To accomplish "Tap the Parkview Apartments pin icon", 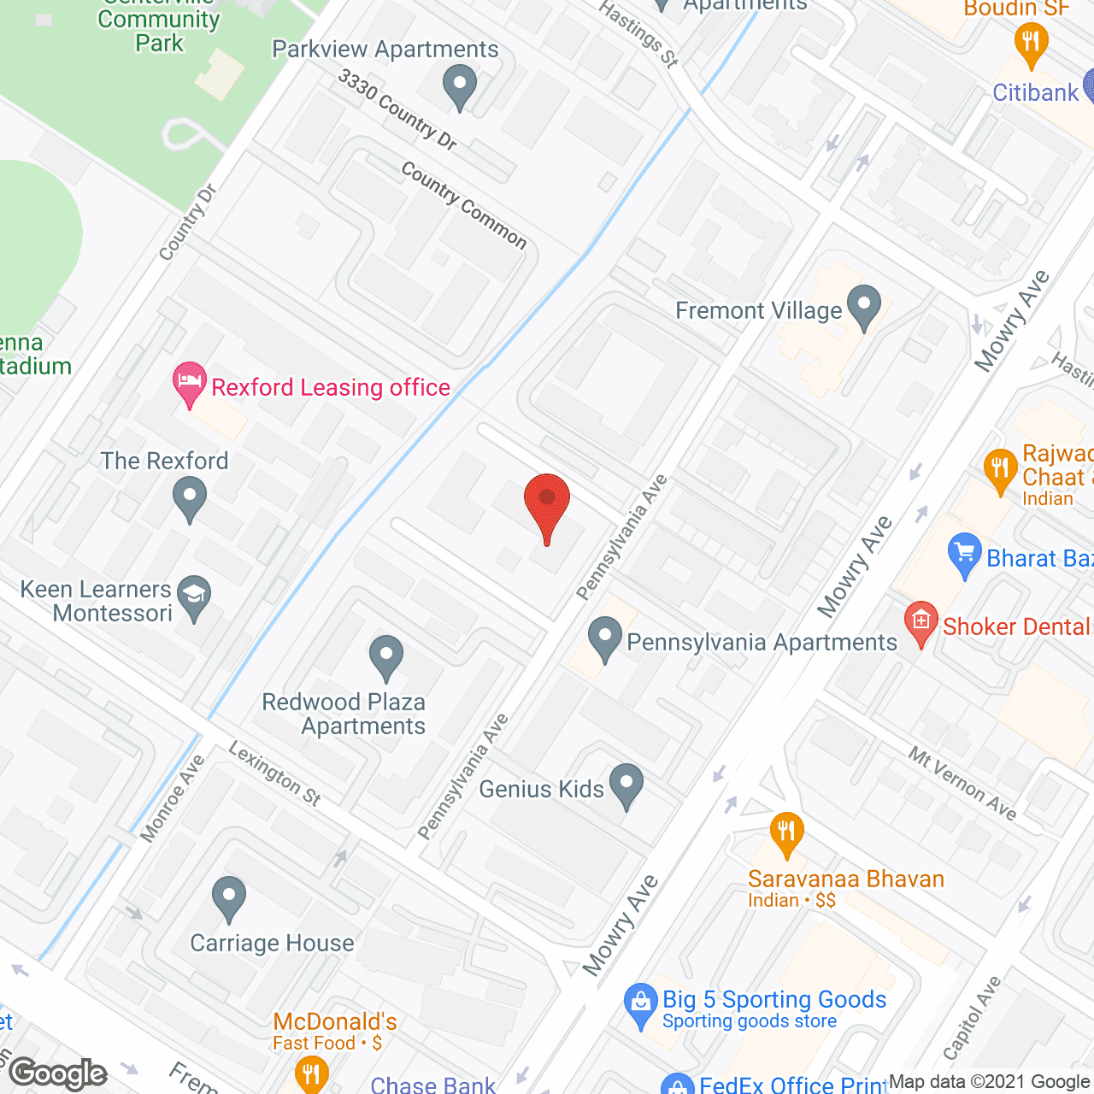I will point(460,86).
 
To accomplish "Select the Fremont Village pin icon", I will point(864,306).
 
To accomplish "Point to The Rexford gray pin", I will point(189,497).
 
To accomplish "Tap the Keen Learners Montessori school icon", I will point(194,596).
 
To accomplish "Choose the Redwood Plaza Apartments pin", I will point(385,656).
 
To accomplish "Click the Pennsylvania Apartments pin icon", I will point(605,638).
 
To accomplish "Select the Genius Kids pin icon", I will point(626,785).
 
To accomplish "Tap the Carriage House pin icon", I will point(228,898).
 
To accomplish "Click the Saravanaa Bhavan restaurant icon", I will point(786,833).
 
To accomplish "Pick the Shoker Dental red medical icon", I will point(920,624).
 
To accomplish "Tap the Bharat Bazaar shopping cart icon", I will point(965,555).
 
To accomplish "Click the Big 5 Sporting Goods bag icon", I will point(640,1005).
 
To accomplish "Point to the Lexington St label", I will point(274,773).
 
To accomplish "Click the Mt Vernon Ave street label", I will point(962,783).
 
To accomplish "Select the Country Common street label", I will point(464,205).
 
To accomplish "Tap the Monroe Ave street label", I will point(173,798).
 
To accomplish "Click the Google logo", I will point(58,1073).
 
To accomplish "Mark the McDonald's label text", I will point(335,1021).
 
